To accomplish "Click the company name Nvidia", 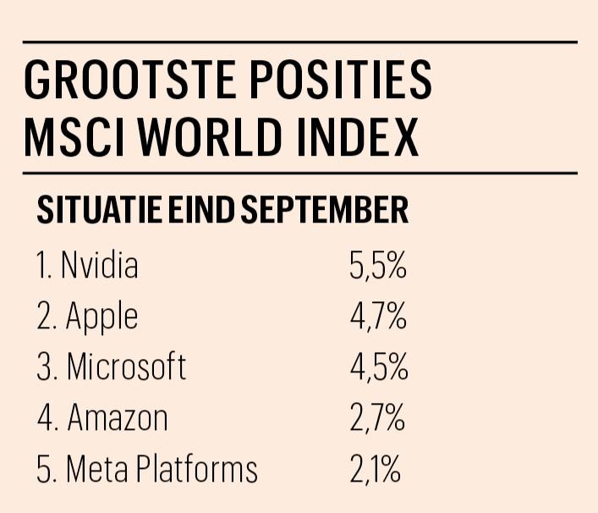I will (99, 267).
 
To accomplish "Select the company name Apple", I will (101, 317).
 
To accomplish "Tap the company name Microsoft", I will (126, 367).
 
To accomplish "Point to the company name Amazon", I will (118, 418).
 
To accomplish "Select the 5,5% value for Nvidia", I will (378, 267).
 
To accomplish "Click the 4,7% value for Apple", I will (378, 317).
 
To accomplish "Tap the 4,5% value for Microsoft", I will (378, 367).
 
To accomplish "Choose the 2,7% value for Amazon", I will (378, 418).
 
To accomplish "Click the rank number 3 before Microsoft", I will (44, 367).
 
